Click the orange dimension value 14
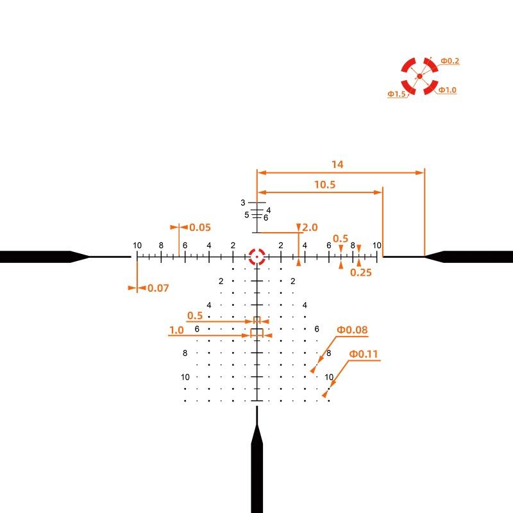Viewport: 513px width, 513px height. point(337,164)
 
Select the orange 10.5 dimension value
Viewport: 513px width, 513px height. point(325,185)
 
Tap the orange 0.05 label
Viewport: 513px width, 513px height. point(200,228)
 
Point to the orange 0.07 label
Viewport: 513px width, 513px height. point(158,288)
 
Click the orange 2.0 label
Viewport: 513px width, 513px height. point(310,228)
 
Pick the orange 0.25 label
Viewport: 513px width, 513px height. point(361,273)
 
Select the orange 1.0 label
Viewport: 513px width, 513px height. point(176,330)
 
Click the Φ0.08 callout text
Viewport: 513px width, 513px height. point(352,330)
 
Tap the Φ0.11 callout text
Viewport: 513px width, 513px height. point(364,354)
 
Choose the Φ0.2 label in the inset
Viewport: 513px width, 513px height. point(450,61)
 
